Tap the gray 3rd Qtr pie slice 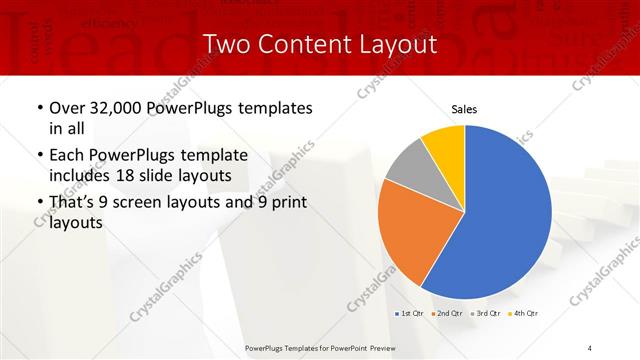point(406,167)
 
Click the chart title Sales point(463,108)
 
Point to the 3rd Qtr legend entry point(485,314)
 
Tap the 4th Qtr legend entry point(523,314)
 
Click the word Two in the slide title point(226,44)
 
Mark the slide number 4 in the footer point(590,347)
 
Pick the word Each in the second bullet point(68,155)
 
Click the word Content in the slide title point(299,44)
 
